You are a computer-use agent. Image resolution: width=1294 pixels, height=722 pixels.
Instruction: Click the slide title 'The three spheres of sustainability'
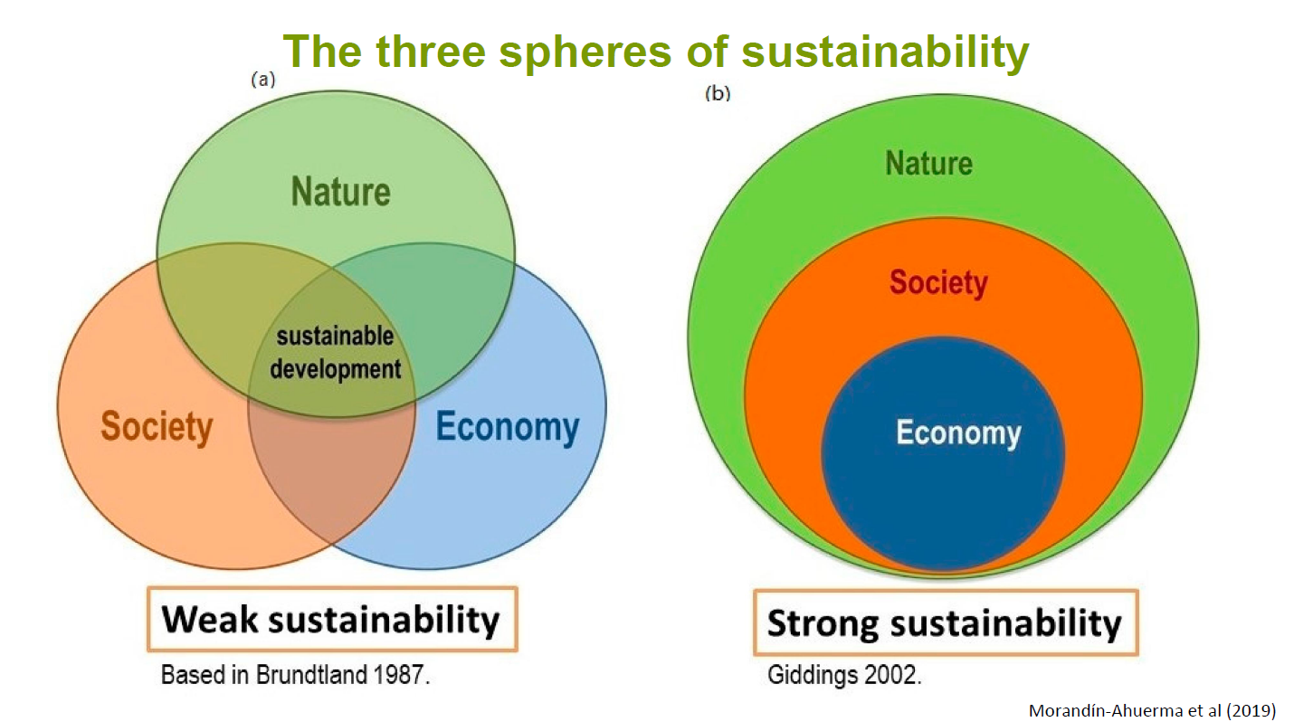click(x=656, y=52)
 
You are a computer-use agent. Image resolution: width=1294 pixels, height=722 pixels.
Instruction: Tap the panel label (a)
click(x=262, y=79)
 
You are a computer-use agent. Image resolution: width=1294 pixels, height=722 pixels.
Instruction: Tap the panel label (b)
click(x=718, y=93)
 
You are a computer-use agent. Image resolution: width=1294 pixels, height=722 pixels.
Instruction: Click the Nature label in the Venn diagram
click(x=341, y=192)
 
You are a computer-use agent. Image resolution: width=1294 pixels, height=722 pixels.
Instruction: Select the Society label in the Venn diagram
click(x=157, y=427)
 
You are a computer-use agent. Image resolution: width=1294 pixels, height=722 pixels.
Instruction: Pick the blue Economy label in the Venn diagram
click(x=508, y=427)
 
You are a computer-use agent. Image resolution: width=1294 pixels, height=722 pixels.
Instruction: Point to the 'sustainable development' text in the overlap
click(x=335, y=352)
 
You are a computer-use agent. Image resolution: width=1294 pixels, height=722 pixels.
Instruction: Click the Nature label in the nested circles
click(x=929, y=163)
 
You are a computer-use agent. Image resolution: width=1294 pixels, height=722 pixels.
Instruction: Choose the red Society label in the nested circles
click(x=938, y=283)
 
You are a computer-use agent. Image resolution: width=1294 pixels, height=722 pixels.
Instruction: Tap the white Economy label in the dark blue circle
click(x=958, y=433)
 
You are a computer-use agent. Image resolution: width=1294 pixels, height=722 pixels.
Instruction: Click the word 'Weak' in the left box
click(x=210, y=620)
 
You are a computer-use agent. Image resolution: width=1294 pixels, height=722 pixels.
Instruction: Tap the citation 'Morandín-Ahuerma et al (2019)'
click(x=1153, y=710)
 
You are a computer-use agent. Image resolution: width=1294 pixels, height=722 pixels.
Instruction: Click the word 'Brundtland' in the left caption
click(x=311, y=675)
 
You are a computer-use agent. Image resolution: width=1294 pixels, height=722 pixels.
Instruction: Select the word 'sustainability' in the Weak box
click(x=385, y=621)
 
